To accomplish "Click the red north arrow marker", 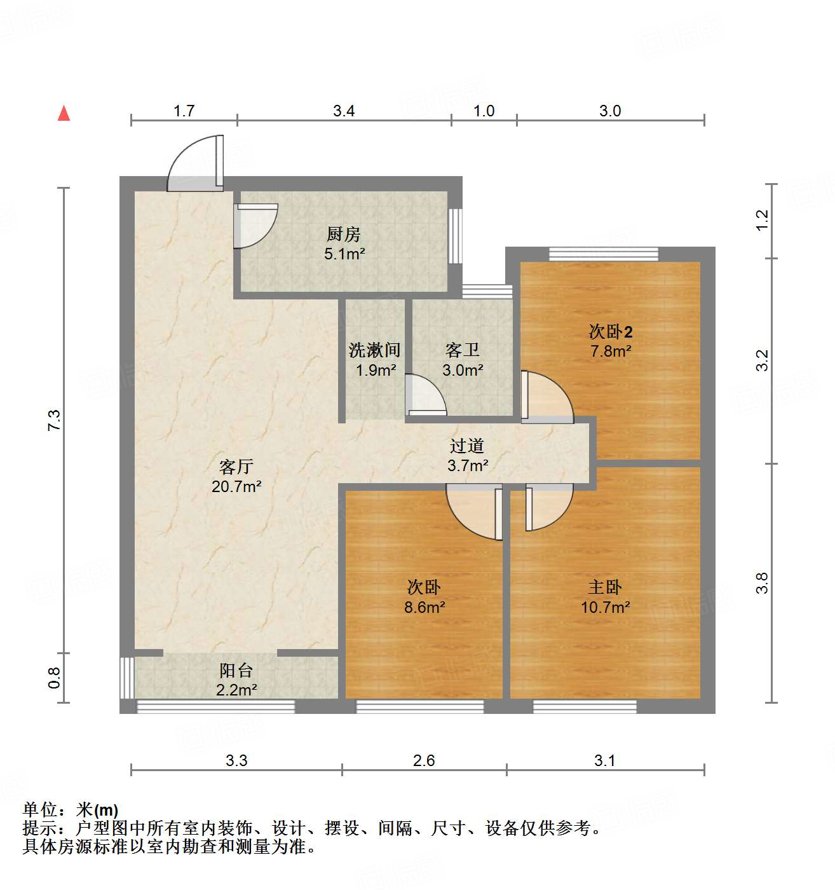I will [64, 113].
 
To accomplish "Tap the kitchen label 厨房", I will [344, 234].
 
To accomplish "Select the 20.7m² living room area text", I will [236, 487].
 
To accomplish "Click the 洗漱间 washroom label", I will [374, 350].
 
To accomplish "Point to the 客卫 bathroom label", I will [462, 350].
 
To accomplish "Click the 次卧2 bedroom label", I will [610, 331].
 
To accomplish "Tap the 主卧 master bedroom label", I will [605, 587].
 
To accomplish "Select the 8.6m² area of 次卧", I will [424, 607].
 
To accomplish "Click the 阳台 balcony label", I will [236, 670].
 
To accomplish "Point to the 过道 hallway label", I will [467, 446].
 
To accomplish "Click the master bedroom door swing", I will [548, 505].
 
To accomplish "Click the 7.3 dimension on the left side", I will [55, 421].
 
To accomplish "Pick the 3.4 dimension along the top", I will [344, 111].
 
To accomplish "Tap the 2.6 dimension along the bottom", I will [424, 760].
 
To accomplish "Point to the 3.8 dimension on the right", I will [763, 583].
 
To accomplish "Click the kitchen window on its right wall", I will [455, 236].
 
